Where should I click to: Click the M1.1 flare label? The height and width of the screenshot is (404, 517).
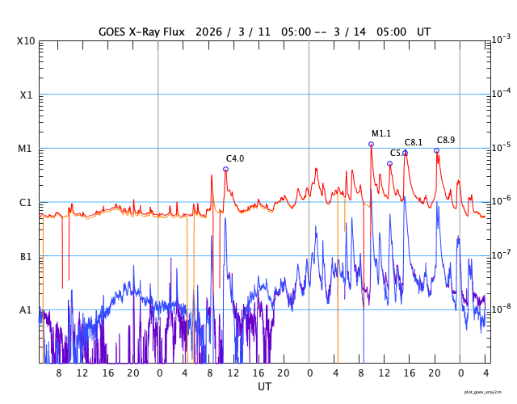pos(381,133)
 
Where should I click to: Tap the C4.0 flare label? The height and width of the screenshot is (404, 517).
pos(235,158)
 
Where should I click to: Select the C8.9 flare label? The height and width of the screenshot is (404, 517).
pos(446,140)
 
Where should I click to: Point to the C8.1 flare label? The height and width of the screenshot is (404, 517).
pos(414,142)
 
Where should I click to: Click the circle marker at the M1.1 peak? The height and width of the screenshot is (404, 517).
pos(371,145)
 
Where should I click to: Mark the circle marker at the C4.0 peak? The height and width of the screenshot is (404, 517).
pos(225,169)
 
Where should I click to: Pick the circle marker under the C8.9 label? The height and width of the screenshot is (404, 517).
pos(436,150)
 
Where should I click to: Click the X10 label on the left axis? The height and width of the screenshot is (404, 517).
pos(26,41)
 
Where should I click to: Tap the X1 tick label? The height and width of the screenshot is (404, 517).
pos(27,95)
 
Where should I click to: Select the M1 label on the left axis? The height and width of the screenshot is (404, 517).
pos(26,149)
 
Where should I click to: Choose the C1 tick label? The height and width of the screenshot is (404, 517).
pos(26,202)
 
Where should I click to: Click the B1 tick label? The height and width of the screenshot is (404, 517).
pos(26,256)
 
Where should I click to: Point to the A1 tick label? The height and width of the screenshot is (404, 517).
pos(26,309)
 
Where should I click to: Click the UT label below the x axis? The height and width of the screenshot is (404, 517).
pos(264,387)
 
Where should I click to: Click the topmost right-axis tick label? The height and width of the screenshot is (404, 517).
pos(501,40)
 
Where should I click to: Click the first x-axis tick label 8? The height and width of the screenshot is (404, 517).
pos(59,373)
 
